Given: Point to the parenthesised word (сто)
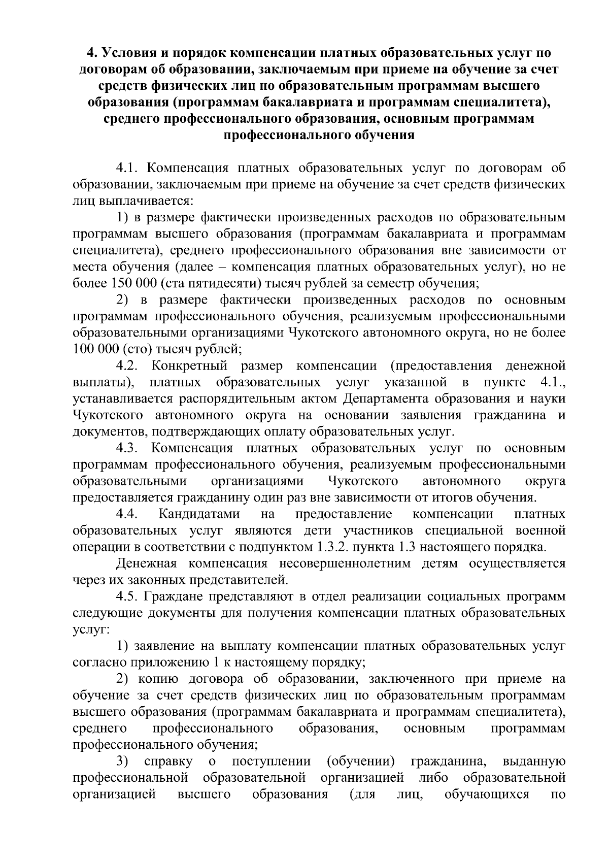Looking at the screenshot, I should [136, 349].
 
